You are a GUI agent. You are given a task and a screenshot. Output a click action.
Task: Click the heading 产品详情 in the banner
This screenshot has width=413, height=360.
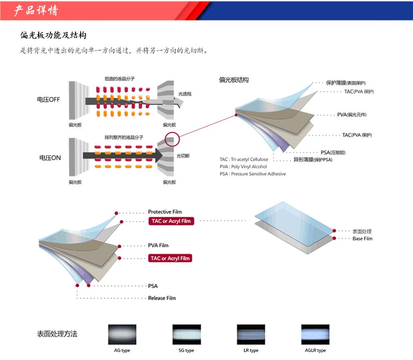[x=36, y=10]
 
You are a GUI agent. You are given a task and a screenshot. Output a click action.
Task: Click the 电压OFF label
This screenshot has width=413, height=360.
[x=48, y=100]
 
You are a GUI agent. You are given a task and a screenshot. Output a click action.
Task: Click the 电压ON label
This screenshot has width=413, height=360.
[x=50, y=158]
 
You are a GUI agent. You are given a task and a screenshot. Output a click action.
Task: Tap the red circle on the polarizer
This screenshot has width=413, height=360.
[x=171, y=139]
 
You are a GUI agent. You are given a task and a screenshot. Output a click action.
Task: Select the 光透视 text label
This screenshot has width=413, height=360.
[x=185, y=94]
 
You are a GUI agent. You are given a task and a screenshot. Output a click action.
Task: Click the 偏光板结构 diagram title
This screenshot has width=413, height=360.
[x=234, y=80]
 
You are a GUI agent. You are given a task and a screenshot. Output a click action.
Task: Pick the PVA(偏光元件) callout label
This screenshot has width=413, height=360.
[x=352, y=115]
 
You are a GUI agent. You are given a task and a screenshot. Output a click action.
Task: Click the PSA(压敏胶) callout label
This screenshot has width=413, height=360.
[x=333, y=153]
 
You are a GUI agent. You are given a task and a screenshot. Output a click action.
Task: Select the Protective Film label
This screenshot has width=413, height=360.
[x=165, y=212]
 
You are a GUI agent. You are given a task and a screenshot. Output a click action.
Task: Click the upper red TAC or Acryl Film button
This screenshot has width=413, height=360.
[x=171, y=221]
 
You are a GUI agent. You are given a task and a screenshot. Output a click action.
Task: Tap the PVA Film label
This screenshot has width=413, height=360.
[x=158, y=245]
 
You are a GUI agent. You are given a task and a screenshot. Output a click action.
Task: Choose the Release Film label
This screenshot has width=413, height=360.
[x=162, y=298]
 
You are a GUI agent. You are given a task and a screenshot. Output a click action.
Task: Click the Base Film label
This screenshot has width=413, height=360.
[x=363, y=239]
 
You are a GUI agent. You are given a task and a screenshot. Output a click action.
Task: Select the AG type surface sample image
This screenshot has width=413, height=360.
[x=122, y=335]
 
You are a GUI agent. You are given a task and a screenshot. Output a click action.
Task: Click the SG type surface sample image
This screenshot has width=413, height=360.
[x=186, y=335]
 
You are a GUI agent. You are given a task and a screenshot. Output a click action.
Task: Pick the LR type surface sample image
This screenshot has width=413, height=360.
[x=251, y=335]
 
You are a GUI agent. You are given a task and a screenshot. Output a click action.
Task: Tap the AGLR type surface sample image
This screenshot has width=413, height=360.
[x=315, y=335]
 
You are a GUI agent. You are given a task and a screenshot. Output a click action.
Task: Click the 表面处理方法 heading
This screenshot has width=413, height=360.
[x=57, y=334]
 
